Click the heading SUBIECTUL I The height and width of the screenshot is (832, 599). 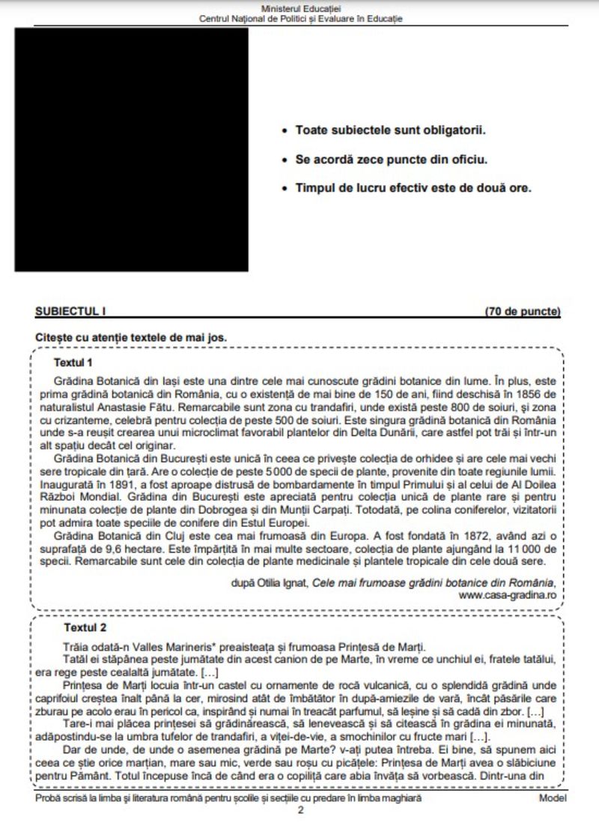point(67,312)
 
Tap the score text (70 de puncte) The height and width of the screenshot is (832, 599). point(522,312)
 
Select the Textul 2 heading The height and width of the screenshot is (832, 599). point(85,627)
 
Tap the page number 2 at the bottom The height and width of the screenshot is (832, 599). point(300,810)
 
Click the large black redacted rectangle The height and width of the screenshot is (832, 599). point(131,150)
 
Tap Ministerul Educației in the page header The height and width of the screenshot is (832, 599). point(299,7)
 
